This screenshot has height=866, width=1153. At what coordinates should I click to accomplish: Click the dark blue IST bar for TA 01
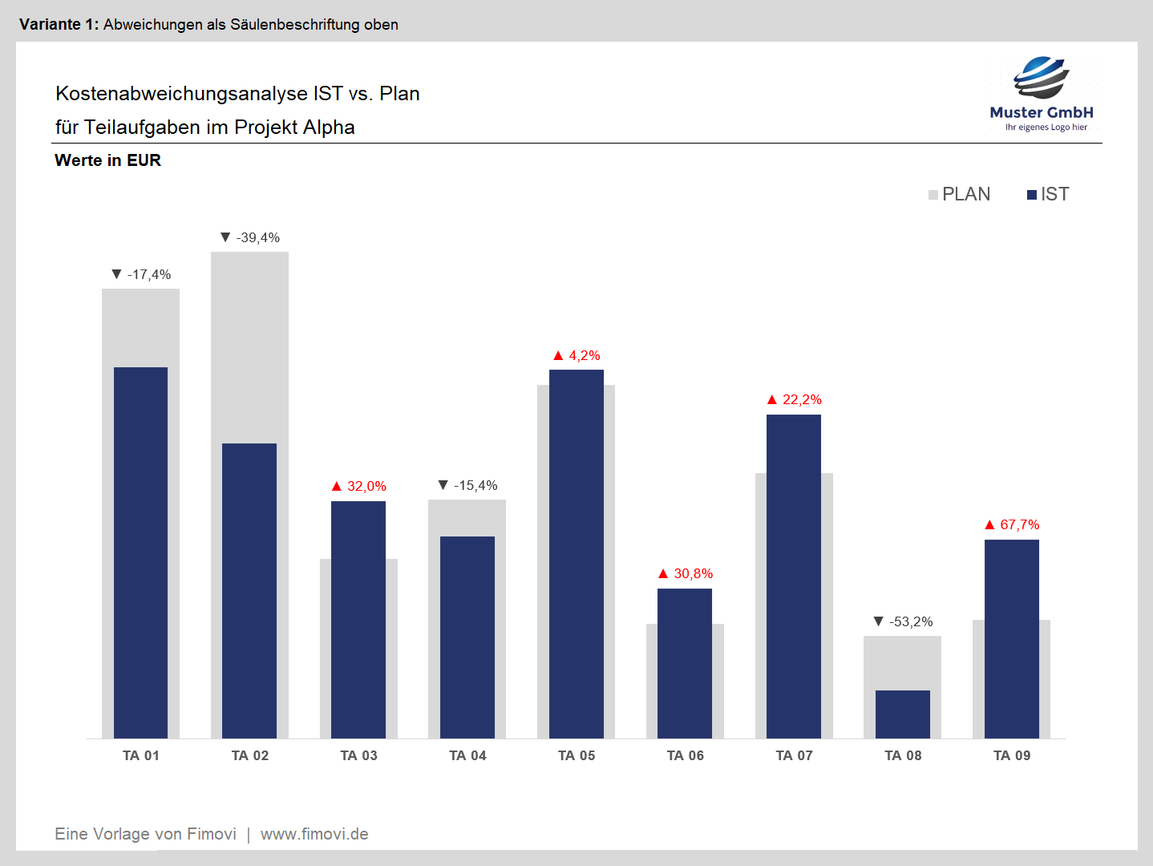pyautogui.click(x=140, y=552)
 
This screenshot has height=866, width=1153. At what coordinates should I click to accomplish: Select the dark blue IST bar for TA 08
pyautogui.click(x=903, y=714)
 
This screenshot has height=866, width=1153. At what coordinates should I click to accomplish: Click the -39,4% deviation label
pyautogui.click(x=257, y=237)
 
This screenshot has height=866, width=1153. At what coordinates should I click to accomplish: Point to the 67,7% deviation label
pyautogui.click(x=1019, y=524)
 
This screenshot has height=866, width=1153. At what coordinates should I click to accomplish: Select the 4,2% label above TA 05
pyautogui.click(x=584, y=355)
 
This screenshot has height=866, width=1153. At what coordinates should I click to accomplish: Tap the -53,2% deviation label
pyautogui.click(x=911, y=621)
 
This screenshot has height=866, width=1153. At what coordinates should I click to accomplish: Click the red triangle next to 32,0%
pyautogui.click(x=337, y=486)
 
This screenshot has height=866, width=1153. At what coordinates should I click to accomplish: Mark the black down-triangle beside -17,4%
pyautogui.click(x=116, y=274)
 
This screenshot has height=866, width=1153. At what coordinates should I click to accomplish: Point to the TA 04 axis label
pyautogui.click(x=467, y=755)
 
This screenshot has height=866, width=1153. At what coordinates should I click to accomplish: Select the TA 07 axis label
pyautogui.click(x=794, y=755)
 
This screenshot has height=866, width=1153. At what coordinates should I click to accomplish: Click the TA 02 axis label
pyautogui.click(x=250, y=755)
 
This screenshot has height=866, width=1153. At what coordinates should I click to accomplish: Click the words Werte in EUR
pyautogui.click(x=107, y=160)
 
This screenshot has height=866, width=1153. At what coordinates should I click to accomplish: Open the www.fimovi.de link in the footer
pyautogui.click(x=314, y=834)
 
